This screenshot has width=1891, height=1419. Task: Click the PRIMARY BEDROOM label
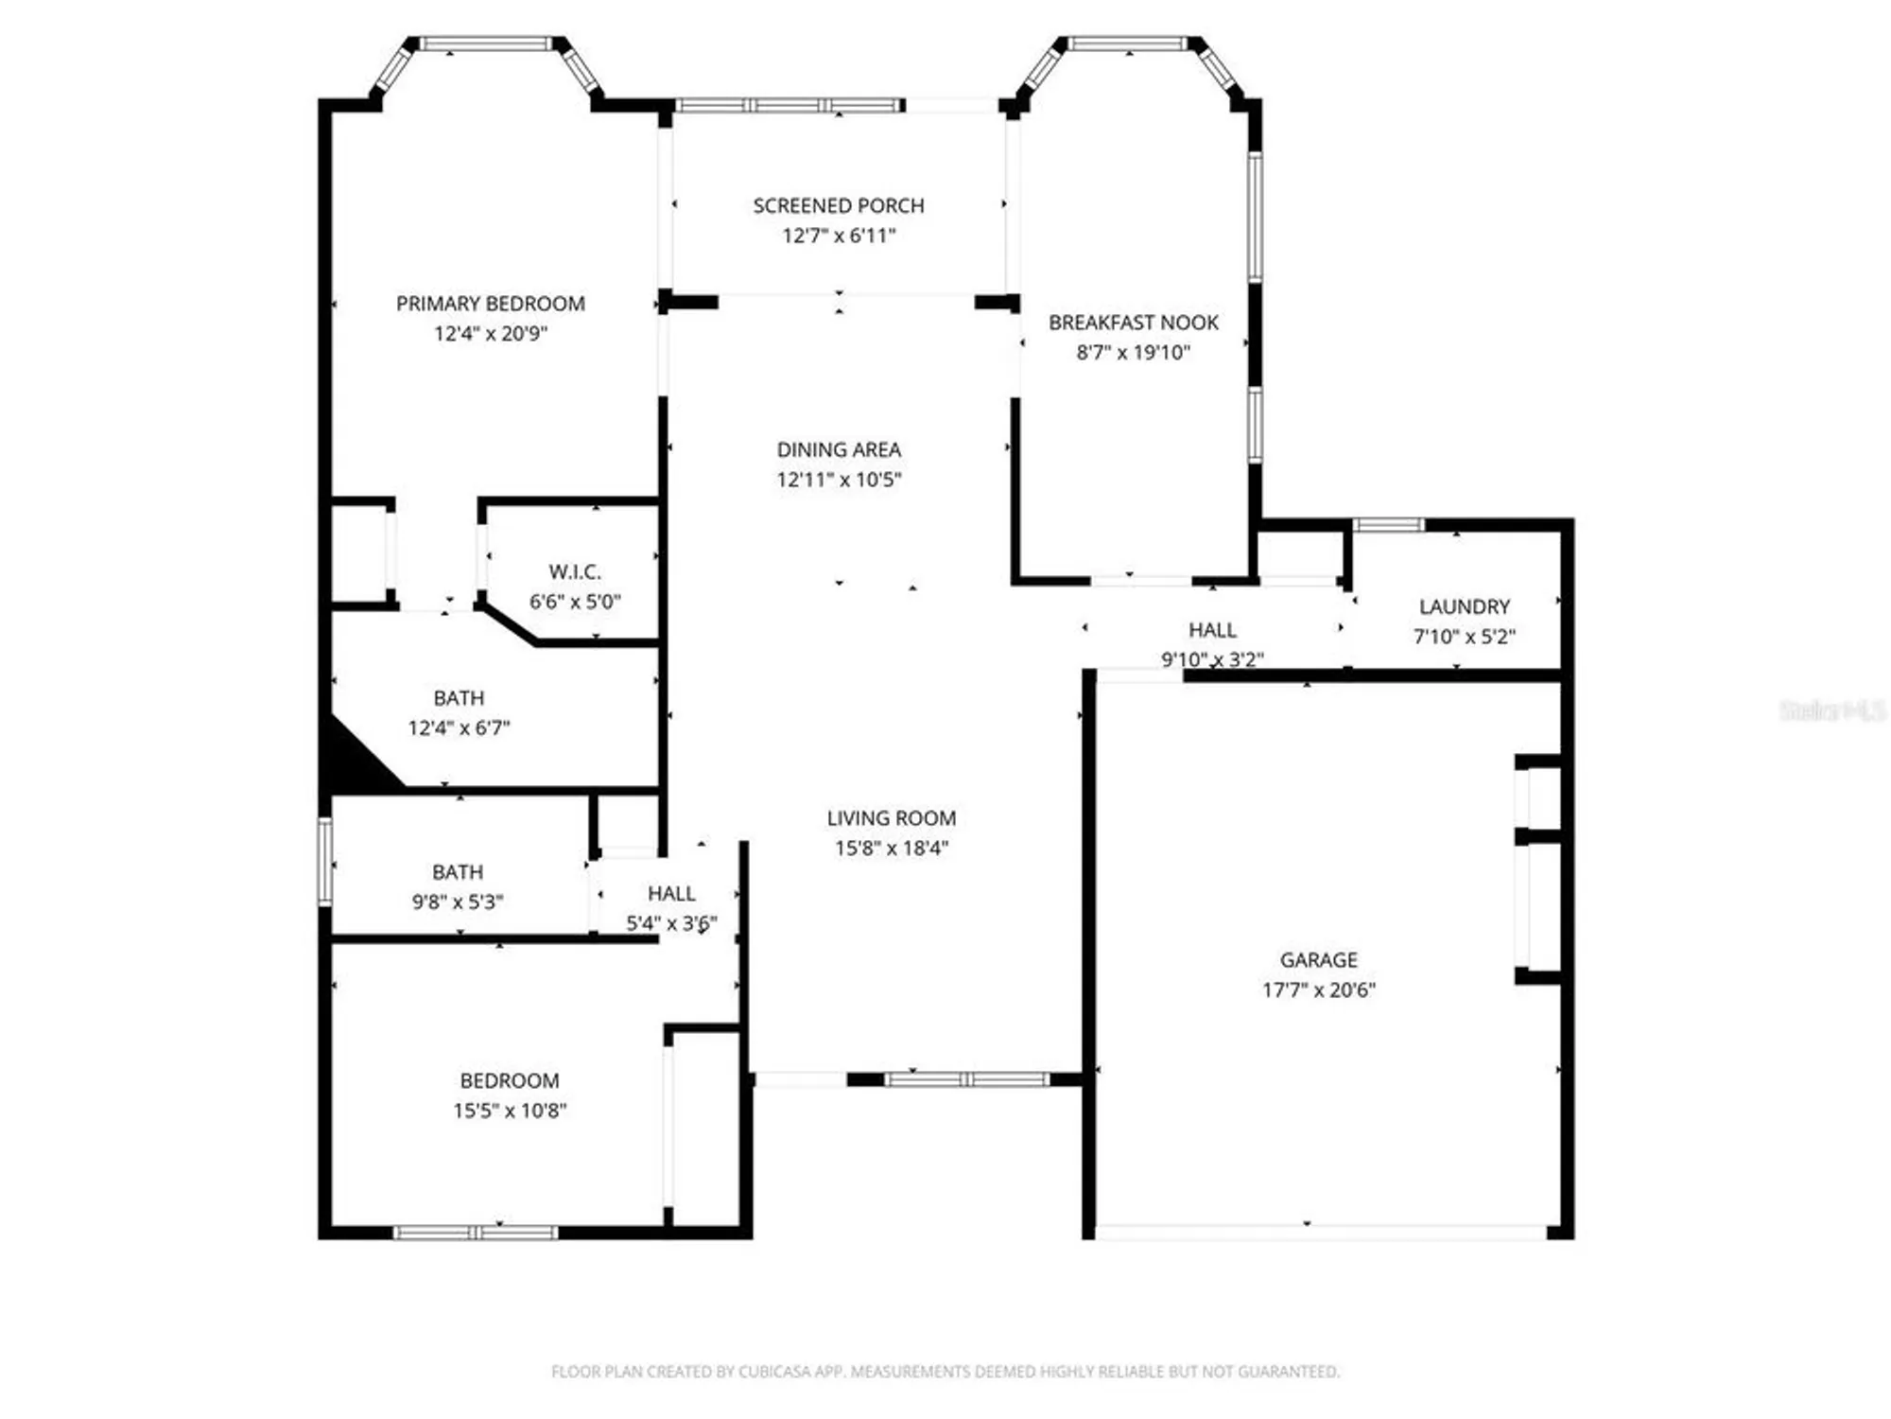[490, 304]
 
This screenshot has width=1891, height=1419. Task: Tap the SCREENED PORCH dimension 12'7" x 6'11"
[838, 236]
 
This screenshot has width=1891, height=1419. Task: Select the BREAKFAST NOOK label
[1133, 323]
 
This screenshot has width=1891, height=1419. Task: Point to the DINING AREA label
[839, 449]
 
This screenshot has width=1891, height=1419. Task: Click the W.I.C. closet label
[575, 571]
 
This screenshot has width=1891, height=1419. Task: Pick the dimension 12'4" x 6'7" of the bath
[459, 727]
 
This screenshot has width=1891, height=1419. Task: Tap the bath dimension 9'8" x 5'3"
[457, 902]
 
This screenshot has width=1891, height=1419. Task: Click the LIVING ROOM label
[891, 818]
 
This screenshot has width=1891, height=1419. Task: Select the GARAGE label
[1318, 959]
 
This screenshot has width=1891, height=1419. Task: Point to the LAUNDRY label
[1464, 606]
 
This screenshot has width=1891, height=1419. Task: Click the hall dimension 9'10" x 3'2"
[1212, 659]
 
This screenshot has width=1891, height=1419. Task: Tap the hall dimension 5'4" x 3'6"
[671, 923]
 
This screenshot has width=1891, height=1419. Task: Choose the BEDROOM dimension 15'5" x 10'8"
[510, 1111]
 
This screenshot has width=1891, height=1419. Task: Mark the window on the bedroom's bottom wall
[476, 1232]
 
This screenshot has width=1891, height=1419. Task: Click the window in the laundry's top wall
[1387, 524]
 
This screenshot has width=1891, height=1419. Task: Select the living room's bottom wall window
[966, 1079]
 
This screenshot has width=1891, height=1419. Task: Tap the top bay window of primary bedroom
[486, 44]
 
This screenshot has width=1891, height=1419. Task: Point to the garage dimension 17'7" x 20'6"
[1318, 990]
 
